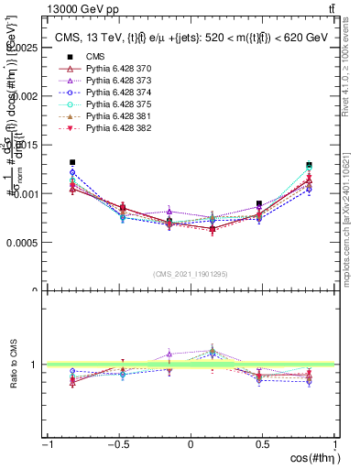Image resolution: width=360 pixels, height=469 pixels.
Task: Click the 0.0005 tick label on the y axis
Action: tap(20, 243)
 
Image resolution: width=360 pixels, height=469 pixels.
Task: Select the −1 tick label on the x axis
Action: tap(46, 444)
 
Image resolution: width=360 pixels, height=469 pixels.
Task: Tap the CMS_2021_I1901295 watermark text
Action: tap(191, 274)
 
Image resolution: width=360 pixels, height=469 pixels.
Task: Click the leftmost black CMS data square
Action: tap(71, 162)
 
